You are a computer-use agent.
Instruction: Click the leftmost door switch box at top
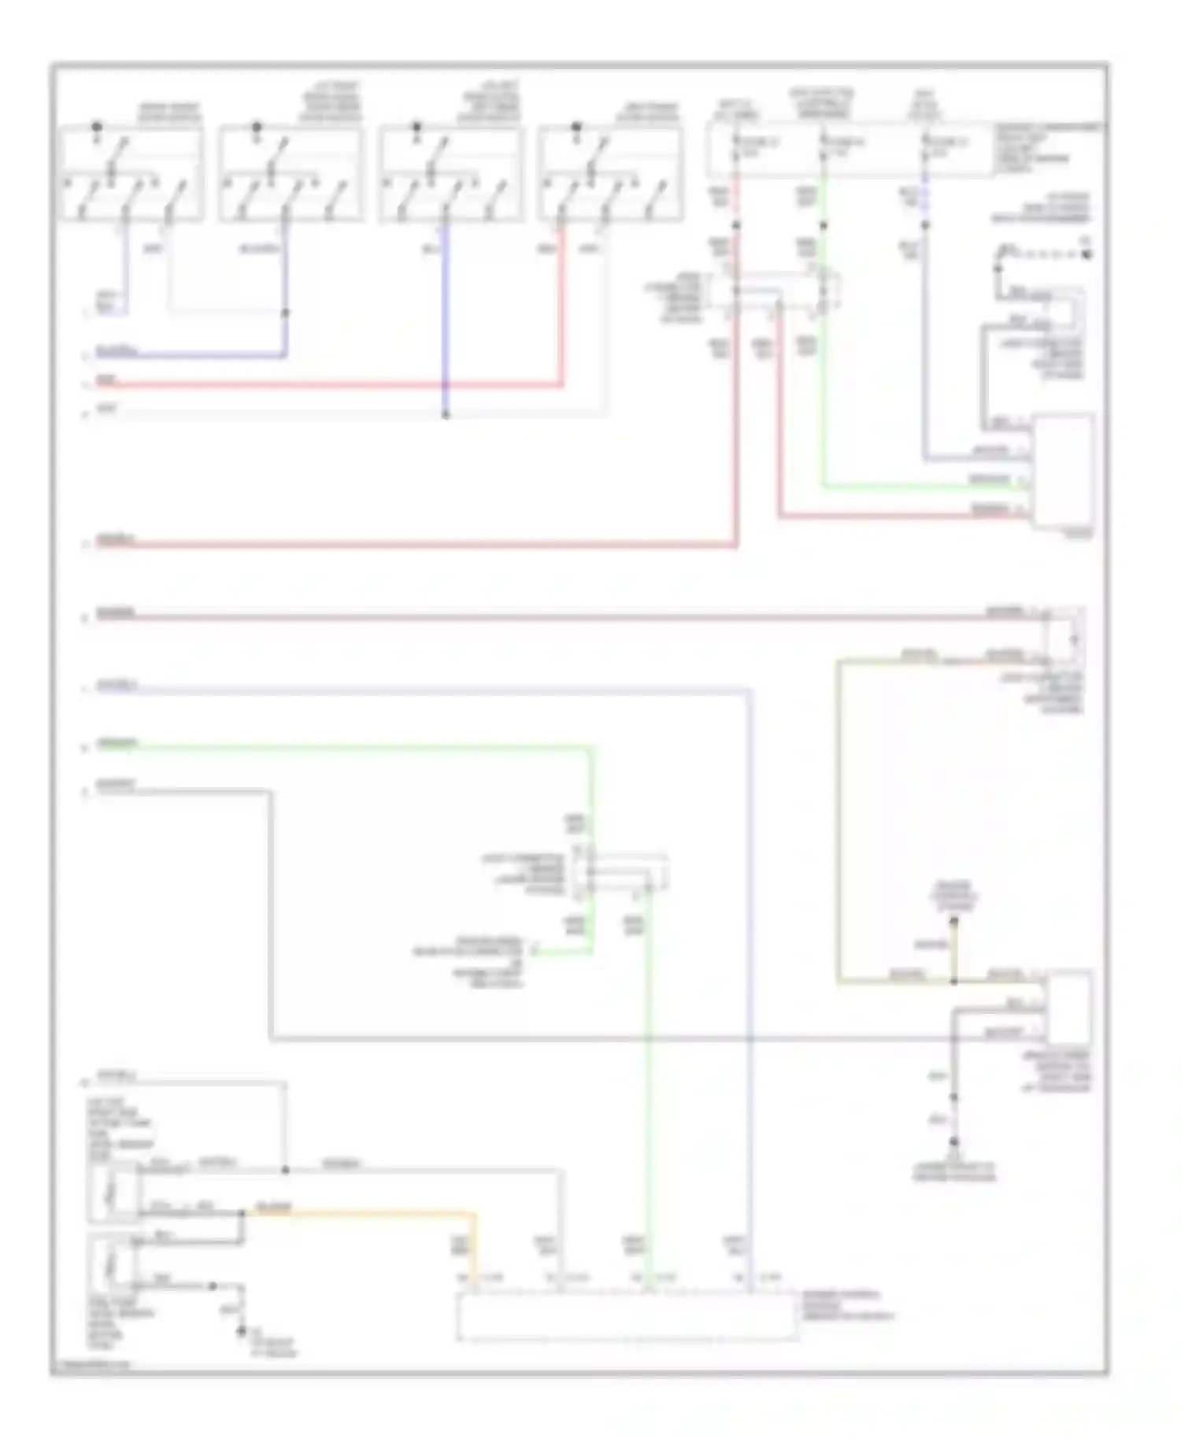pos(131,173)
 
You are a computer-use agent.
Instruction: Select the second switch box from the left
pos(291,173)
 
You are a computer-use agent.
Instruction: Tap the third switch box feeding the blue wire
pos(450,173)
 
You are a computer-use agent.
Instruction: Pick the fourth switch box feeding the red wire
pos(610,173)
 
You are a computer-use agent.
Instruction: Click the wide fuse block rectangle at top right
pos(850,150)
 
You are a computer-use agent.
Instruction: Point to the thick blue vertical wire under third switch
pos(446,315)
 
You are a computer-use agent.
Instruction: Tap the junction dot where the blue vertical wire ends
pos(446,414)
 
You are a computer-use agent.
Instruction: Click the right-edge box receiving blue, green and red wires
pos(1063,470)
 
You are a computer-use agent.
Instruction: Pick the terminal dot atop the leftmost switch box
pos(97,126)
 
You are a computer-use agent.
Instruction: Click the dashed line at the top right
pos(1047,254)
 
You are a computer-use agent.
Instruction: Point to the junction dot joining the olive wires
pos(953,982)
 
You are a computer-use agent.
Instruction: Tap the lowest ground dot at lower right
pos(953,1142)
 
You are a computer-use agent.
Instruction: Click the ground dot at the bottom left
pos(241,1332)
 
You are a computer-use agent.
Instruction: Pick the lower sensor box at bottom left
pos(113,1264)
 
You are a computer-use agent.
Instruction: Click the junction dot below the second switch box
pos(285,313)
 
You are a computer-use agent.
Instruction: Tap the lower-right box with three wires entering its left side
pos(1068,1008)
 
